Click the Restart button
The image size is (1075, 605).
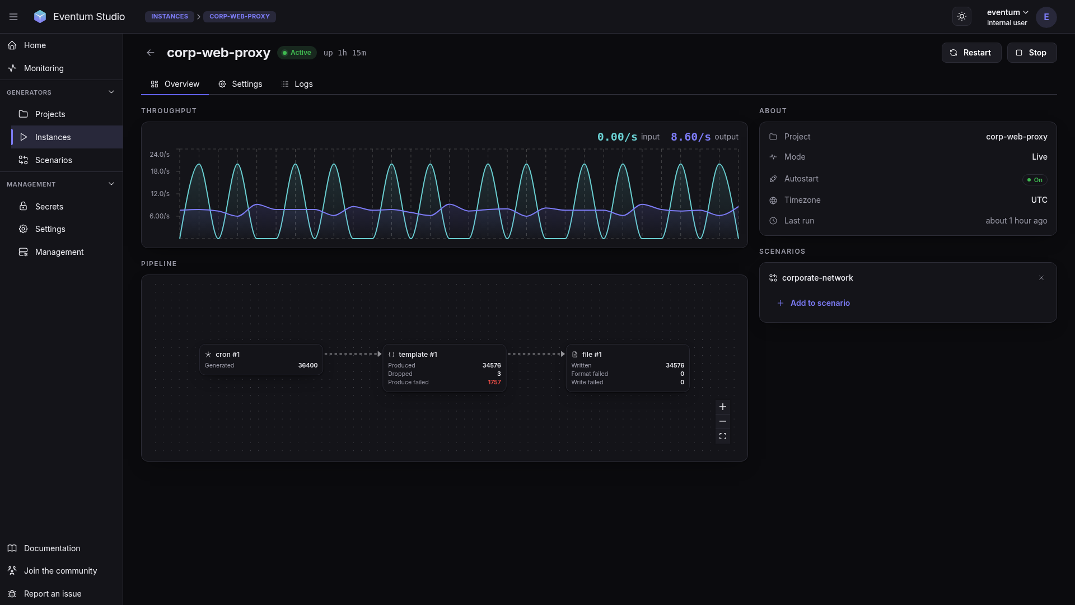(971, 53)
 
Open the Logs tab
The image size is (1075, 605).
(297, 84)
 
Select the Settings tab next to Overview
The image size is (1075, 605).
(240, 84)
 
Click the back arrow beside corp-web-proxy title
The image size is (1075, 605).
(150, 53)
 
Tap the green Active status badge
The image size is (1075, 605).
(297, 53)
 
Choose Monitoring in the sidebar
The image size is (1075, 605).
(44, 68)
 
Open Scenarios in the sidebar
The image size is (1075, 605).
(53, 160)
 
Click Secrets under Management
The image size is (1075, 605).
(49, 207)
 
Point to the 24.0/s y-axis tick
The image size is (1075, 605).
(160, 155)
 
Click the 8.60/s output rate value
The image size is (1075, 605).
(690, 137)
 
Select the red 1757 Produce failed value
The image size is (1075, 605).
(494, 383)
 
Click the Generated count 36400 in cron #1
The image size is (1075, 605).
(308, 365)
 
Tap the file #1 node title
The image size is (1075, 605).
(592, 355)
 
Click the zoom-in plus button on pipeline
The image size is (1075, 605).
(723, 407)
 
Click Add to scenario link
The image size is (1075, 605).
(820, 303)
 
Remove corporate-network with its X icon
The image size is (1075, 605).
(1041, 278)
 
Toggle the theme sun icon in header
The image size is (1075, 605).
(962, 17)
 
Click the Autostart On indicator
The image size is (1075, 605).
(1035, 180)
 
